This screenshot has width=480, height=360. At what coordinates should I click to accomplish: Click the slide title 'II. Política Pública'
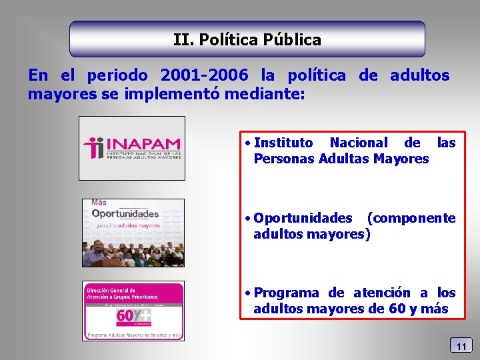[x=247, y=40]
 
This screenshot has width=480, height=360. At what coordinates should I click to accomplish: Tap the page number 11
[x=461, y=345]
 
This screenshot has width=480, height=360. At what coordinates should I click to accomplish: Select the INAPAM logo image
[x=132, y=148]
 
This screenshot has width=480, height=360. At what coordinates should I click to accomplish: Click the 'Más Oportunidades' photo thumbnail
[x=133, y=233]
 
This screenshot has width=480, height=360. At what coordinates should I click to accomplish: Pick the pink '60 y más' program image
[x=133, y=311]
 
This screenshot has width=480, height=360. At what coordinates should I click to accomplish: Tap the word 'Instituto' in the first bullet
[x=283, y=143]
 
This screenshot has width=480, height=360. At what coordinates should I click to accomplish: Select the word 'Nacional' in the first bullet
[x=358, y=143]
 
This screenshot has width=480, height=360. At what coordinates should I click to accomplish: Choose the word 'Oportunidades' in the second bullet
[x=303, y=219]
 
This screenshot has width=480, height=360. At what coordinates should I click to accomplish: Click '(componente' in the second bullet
[x=411, y=219]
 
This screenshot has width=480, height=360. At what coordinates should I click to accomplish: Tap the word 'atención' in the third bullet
[x=381, y=293]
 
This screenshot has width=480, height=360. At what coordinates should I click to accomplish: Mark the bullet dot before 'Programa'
[x=247, y=293]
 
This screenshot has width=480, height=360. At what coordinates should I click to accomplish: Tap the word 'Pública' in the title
[x=292, y=40]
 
